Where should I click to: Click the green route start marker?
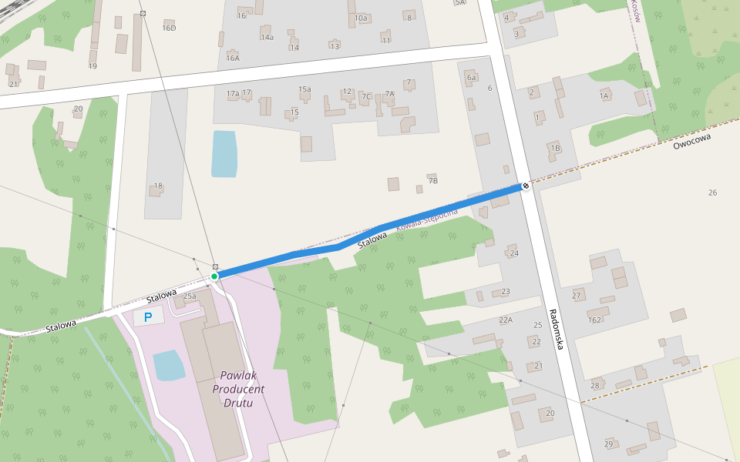tap(214, 276)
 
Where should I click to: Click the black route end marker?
tap(525, 186)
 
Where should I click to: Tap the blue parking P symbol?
tap(148, 316)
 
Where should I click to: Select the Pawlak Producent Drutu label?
tap(242, 389)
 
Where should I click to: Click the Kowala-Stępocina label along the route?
tap(427, 220)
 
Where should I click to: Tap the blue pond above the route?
tap(224, 153)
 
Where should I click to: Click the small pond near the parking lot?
tap(169, 365)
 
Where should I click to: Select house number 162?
tap(594, 320)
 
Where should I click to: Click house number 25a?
tap(190, 296)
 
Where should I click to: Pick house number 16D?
tap(169, 28)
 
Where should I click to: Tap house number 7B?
tap(432, 181)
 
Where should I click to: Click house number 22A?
tap(506, 320)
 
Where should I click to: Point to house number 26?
tap(712, 192)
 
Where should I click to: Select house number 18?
tap(158, 186)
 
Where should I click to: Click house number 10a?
tap(361, 17)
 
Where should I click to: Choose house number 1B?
tap(555, 148)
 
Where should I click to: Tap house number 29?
tap(608, 444)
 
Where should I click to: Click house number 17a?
tap(233, 93)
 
